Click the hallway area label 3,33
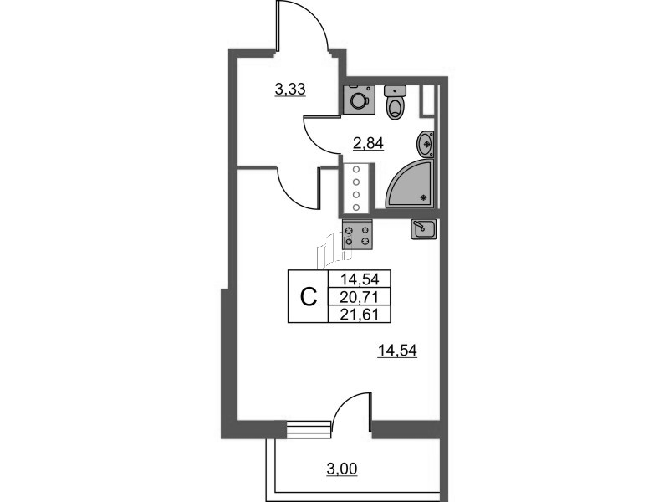pos(290,90)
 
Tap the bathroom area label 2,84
pos(368,143)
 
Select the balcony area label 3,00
pos(342,469)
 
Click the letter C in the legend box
pos(309,296)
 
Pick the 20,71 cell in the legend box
pos(360,297)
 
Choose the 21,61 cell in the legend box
pos(360,315)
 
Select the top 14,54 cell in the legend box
pos(360,279)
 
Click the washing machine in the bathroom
pos(360,100)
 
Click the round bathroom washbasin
pos(426,144)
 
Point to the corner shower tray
pos(411,184)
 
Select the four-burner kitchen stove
pos(357,236)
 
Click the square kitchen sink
pos(423,229)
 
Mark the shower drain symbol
pos(424,197)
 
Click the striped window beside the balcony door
pos(308,428)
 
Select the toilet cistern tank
pos(396,91)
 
